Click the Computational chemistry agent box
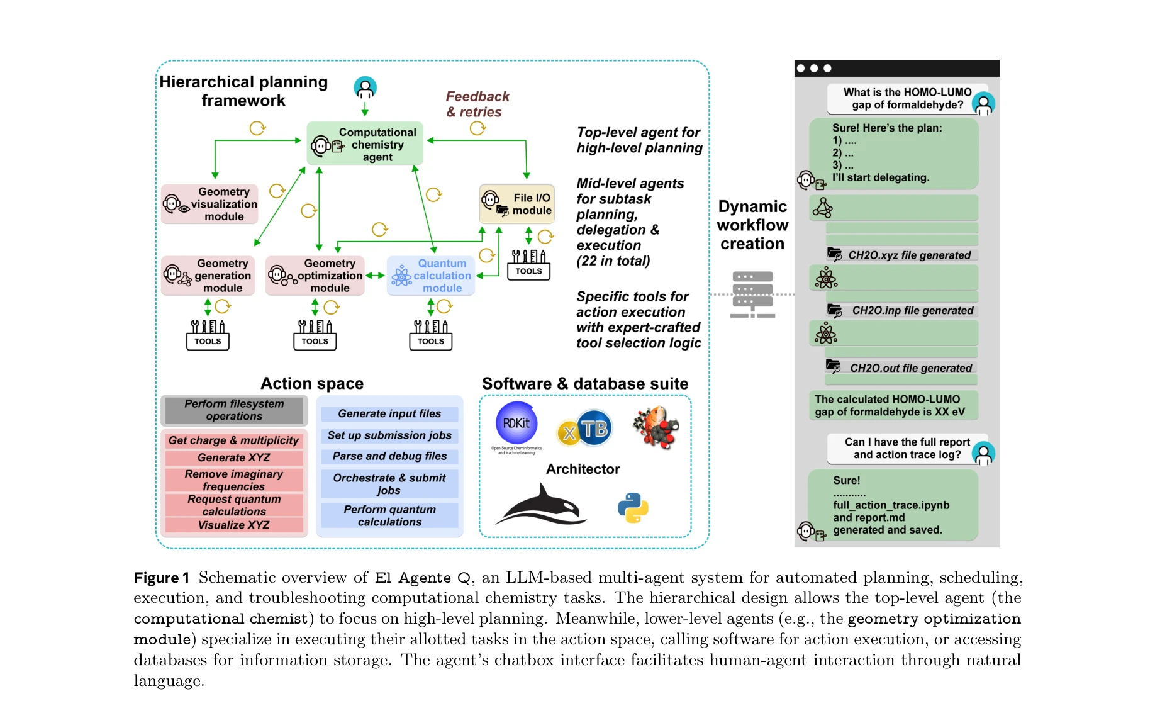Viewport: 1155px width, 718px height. [x=365, y=144]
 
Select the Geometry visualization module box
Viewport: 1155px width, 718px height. [x=209, y=204]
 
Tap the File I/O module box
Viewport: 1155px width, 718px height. [x=517, y=204]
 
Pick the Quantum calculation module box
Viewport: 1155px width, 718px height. [x=431, y=276]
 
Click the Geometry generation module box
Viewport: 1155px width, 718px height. [x=208, y=276]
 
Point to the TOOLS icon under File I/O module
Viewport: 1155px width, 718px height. [x=528, y=264]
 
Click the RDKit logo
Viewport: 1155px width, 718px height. [x=516, y=424]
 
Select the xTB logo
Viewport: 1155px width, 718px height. [x=584, y=429]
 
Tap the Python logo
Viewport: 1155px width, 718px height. [x=633, y=508]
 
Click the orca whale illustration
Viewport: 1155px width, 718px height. [x=542, y=505]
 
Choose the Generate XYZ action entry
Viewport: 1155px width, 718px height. [x=234, y=457]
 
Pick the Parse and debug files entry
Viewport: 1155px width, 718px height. [x=389, y=456]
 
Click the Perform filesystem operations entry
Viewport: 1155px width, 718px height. [x=234, y=410]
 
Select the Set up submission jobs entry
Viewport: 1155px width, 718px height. [x=389, y=435]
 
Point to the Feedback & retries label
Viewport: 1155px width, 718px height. [x=477, y=104]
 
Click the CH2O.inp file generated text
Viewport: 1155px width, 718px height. [x=912, y=310]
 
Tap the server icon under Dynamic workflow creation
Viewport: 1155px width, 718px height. [x=752, y=294]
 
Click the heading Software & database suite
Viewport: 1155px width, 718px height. [x=585, y=384]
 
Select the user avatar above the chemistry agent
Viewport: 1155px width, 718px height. [x=365, y=87]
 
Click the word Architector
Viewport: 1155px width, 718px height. [x=583, y=469]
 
